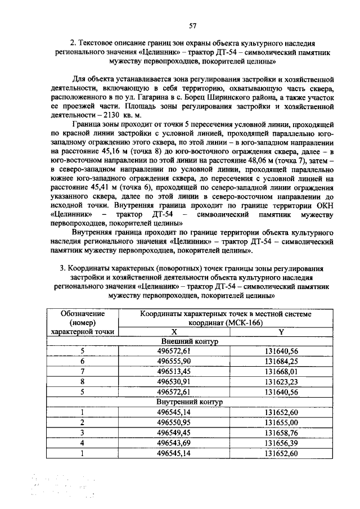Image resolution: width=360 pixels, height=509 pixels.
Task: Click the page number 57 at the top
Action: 192,25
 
